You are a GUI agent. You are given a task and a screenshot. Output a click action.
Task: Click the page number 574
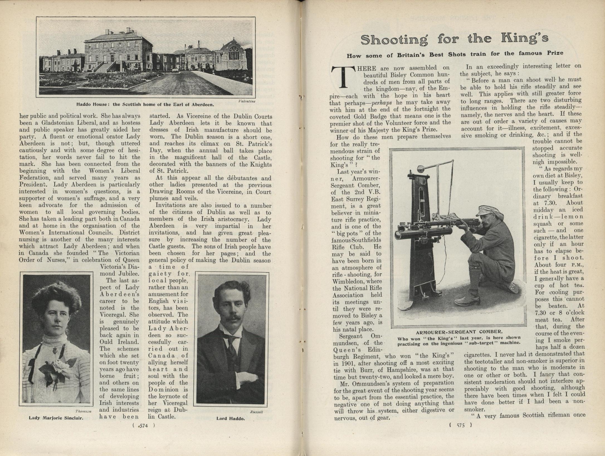click(x=143, y=425)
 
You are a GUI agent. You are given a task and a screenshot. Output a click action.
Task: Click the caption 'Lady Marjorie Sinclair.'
click(x=56, y=418)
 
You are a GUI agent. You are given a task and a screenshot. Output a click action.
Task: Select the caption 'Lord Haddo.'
click(x=231, y=418)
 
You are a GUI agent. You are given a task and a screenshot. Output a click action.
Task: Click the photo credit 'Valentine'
click(x=247, y=101)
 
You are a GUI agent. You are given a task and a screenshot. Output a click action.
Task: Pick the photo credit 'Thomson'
click(x=83, y=411)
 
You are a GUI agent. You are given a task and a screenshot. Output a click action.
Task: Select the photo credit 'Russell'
click(x=257, y=412)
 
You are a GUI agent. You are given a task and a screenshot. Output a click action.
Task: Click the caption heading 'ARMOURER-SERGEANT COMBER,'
click(x=459, y=332)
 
